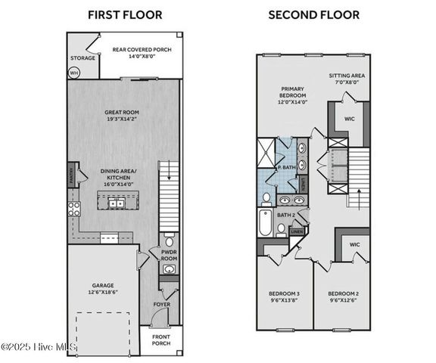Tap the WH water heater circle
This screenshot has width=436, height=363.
(74, 73)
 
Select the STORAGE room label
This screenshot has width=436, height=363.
(83, 58)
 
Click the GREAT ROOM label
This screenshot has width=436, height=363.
(122, 113)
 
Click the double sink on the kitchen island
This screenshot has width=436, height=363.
(117, 203)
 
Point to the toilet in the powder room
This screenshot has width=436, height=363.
(170, 244)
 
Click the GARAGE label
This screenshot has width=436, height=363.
(103, 286)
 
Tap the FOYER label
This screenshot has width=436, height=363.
(162, 305)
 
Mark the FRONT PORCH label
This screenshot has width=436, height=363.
(160, 340)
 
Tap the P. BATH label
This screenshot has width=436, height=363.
(286, 167)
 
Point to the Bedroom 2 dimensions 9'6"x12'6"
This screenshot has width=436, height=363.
(342, 300)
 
